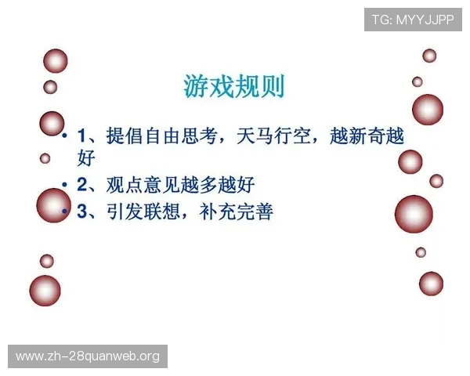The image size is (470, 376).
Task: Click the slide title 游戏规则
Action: [x=234, y=85]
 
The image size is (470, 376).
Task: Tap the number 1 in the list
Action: [x=82, y=136]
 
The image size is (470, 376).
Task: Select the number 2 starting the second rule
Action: [x=83, y=185]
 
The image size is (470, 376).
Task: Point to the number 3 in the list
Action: [x=83, y=210]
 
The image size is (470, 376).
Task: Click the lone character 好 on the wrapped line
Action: [x=86, y=159]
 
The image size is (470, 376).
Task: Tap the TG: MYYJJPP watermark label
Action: [x=413, y=18]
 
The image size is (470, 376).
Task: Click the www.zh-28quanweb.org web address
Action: [x=88, y=356]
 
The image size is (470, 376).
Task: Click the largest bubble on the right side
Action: [x=414, y=214]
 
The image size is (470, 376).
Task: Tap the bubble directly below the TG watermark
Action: [x=429, y=56]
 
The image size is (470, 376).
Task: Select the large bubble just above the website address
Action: [x=45, y=291]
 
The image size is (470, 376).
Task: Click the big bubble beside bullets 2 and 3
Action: [x=53, y=205]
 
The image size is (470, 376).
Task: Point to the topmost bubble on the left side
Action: [x=55, y=60]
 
